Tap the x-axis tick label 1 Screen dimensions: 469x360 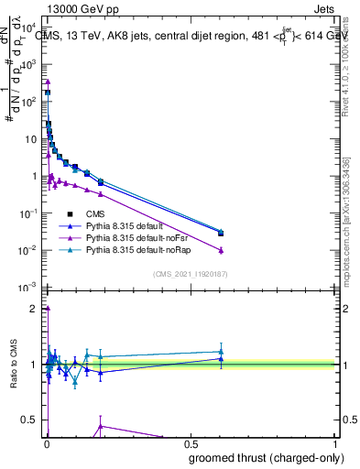click(336, 444)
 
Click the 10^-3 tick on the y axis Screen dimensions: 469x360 click(27, 288)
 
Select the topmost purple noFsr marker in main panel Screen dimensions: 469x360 click(48, 82)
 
